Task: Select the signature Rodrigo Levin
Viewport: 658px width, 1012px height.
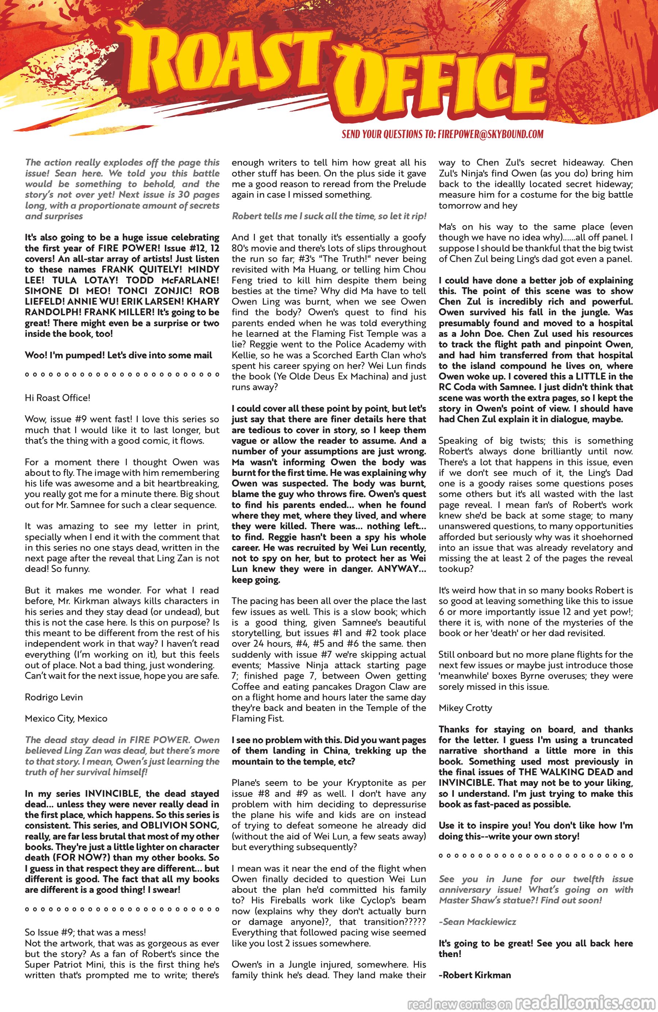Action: (x=54, y=697)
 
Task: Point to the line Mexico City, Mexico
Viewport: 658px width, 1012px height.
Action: (x=66, y=719)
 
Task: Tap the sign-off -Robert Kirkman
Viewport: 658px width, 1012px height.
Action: (x=475, y=975)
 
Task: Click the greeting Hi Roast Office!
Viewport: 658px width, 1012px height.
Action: (x=57, y=398)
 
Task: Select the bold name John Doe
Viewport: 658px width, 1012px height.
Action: (x=483, y=334)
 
